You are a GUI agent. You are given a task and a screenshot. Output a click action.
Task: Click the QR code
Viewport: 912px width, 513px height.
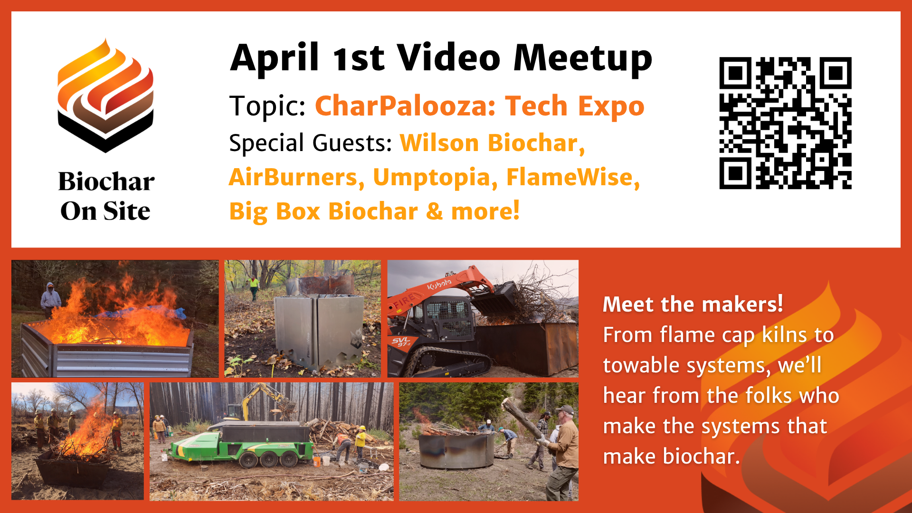[x=785, y=123]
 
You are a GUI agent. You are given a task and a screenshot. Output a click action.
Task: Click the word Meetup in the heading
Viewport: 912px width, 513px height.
[x=583, y=58]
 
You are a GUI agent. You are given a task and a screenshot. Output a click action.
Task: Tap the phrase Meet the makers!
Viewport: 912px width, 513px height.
[x=693, y=304]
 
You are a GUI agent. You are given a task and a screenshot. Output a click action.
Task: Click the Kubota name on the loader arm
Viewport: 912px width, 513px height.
[x=439, y=284]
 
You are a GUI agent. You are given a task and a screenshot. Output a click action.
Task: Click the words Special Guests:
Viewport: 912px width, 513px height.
[x=311, y=143]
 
